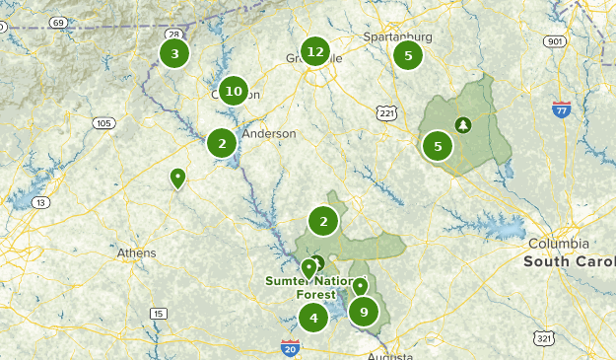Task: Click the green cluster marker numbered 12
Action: (314, 52)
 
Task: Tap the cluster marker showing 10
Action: (234, 92)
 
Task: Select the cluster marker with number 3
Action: (174, 53)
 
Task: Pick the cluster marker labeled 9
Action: (364, 312)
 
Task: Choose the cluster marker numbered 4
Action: (313, 318)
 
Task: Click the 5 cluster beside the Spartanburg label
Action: (408, 55)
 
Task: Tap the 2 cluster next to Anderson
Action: (223, 143)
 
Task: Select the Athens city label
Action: (136, 253)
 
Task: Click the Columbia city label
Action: (558, 244)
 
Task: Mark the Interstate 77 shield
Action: (562, 108)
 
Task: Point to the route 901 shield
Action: (555, 41)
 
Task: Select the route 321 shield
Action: (545, 338)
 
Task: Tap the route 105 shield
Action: (103, 123)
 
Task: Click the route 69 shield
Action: (58, 23)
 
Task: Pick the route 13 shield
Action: (40, 202)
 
